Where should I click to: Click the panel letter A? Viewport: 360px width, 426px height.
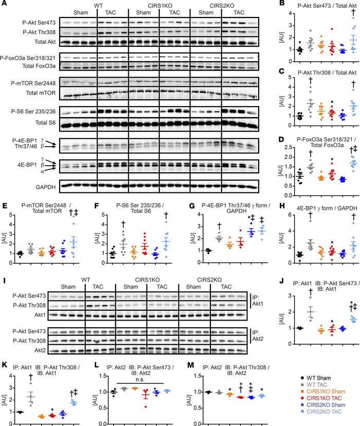tap(4, 4)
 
